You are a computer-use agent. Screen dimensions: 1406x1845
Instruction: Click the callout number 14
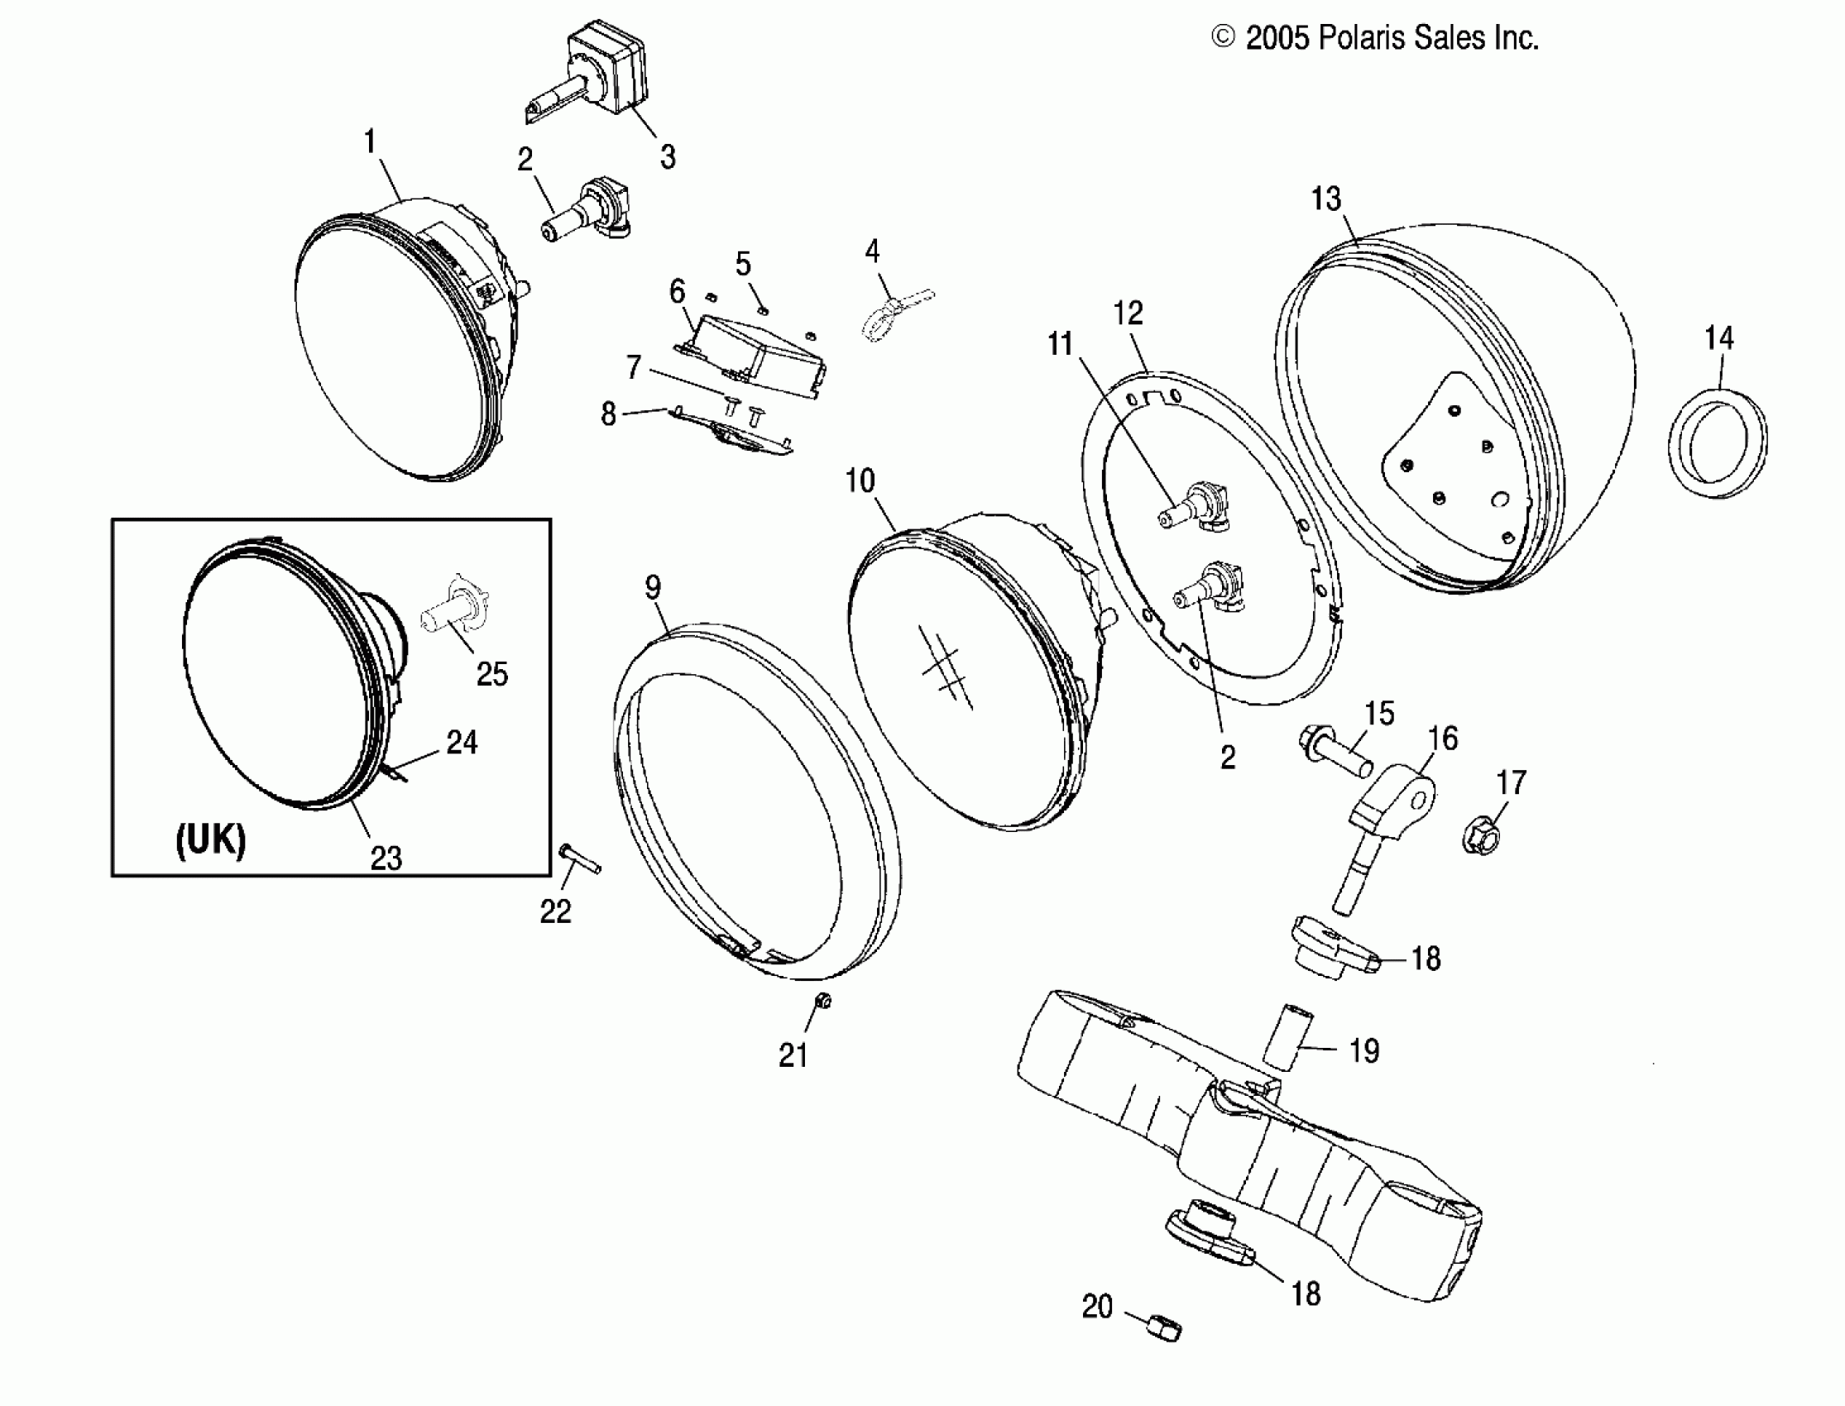[x=1719, y=338]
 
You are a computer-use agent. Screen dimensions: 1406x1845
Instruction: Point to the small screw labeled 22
[x=579, y=859]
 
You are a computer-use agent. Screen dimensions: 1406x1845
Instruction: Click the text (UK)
[x=210, y=839]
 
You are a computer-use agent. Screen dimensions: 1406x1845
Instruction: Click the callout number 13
[x=1325, y=199]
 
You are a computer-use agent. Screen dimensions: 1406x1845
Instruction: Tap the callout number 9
[x=653, y=587]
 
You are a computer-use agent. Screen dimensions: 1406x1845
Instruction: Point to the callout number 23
[x=386, y=858]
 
